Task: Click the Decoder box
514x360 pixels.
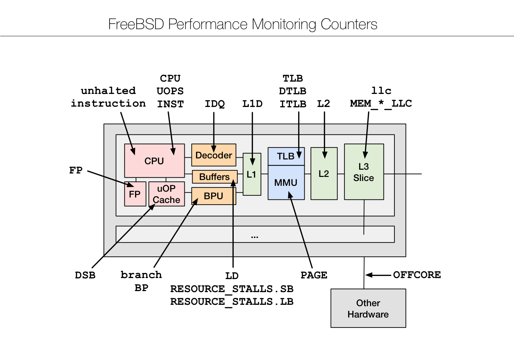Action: pos(213,155)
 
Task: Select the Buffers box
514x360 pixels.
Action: pos(215,177)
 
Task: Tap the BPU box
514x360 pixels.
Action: pos(213,196)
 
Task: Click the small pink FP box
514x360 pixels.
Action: pos(135,194)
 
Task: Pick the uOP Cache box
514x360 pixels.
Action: pos(167,194)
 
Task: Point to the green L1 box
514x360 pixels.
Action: pos(252,175)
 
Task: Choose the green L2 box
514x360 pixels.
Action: pos(324,174)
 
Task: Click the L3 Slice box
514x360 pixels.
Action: pos(364,172)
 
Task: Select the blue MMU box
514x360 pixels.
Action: pos(286,183)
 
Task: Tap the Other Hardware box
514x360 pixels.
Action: pos(368,308)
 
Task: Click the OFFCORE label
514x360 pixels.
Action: pos(417,275)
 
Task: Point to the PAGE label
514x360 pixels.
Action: pos(314,275)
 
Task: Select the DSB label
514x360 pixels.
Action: pos(85,275)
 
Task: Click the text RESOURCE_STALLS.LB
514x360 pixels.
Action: pos(232,302)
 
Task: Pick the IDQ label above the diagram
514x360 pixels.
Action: pos(215,104)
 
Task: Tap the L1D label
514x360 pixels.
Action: pos(252,104)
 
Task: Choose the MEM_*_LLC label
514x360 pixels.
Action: pos(381,104)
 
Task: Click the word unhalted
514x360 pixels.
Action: pos(108,91)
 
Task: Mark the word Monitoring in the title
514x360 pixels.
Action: pos(284,24)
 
